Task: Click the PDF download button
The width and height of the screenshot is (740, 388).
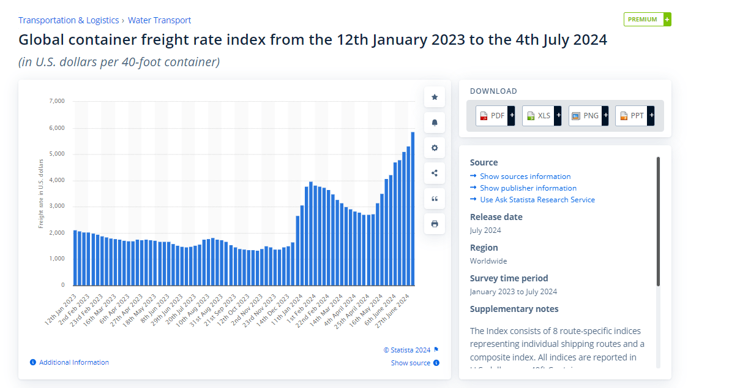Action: point(495,115)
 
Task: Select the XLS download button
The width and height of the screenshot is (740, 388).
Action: point(541,115)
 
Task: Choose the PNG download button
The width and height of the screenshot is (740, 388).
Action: point(588,115)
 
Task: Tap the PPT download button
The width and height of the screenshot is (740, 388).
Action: point(634,115)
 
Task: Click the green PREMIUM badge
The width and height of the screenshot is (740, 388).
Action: point(647,19)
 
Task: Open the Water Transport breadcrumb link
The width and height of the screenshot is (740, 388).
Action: point(159,20)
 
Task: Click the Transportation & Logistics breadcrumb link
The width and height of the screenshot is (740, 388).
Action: point(69,20)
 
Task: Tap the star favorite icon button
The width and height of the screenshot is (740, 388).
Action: point(435,97)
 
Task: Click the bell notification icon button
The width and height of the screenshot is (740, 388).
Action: point(435,123)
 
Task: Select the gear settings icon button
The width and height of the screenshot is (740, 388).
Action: point(435,148)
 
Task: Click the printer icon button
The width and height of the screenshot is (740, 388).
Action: point(435,224)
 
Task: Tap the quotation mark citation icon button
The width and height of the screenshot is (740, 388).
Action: point(435,199)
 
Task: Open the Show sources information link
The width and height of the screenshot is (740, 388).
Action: point(525,177)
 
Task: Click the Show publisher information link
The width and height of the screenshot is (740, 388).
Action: point(528,188)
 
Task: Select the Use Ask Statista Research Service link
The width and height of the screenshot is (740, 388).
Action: point(537,200)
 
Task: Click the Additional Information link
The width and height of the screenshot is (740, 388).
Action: point(73,362)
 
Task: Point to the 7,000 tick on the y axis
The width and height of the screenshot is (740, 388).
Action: point(56,101)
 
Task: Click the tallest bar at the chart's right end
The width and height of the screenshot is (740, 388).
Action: point(413,208)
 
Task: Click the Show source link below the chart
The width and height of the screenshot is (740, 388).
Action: point(411,363)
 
